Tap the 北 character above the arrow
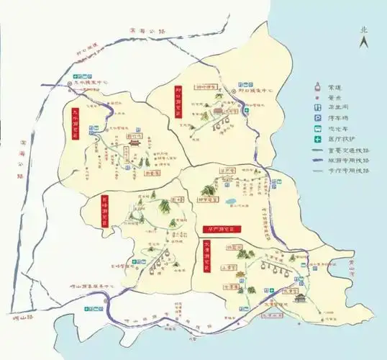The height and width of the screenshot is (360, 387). coord(364,30)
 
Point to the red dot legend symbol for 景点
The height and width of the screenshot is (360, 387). coord(317,101)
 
